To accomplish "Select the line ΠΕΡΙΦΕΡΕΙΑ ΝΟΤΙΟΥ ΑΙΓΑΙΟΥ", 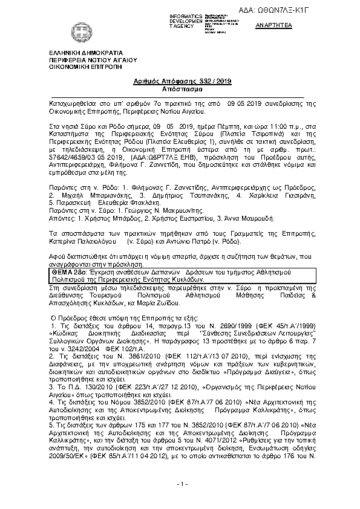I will (93, 61).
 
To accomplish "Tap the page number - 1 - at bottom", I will (179, 484).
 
